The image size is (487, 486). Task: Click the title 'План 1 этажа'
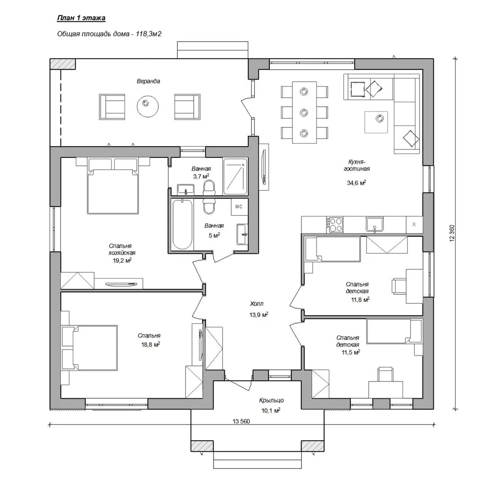[x=81, y=18]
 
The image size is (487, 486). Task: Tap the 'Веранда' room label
[x=148, y=81]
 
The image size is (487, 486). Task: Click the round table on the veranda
[x=148, y=106]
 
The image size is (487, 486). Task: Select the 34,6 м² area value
[x=356, y=182]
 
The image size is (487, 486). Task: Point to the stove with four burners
[x=335, y=225]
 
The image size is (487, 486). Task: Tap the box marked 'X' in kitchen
[x=414, y=224]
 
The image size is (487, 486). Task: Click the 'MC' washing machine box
[x=239, y=207]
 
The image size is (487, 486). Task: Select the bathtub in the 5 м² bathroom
[x=182, y=225]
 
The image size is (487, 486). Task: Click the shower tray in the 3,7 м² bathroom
[x=235, y=176]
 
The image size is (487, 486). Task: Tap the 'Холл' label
[x=257, y=304]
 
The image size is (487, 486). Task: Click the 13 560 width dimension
[x=241, y=421]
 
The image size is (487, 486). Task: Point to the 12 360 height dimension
[x=452, y=233]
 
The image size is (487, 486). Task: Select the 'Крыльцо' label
[x=272, y=400]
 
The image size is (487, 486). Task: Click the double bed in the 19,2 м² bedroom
[x=113, y=186]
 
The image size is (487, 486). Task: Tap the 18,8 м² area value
[x=151, y=344]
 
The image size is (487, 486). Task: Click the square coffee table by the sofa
[x=376, y=122]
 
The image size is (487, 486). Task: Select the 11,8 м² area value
[x=360, y=300]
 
